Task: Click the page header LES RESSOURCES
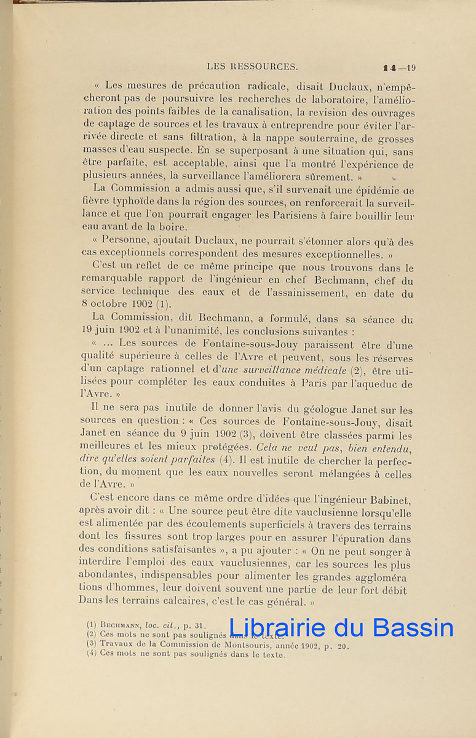point(252,66)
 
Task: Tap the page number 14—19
point(399,68)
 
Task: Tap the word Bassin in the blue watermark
point(413,628)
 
